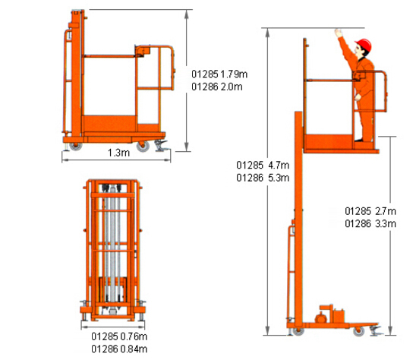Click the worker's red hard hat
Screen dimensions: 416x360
[x=364, y=45]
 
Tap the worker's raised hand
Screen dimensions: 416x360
[x=339, y=33]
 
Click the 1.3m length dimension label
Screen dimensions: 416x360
[x=118, y=153]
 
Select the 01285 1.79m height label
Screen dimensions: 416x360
[x=219, y=74]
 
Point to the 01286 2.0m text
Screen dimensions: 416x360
[x=217, y=87]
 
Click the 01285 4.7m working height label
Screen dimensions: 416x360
[x=263, y=165]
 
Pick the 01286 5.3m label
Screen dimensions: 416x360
[x=263, y=178]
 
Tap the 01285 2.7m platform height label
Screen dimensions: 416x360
[x=370, y=211]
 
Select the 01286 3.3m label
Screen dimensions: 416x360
[x=370, y=224]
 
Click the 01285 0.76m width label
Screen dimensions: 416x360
[x=119, y=336]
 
